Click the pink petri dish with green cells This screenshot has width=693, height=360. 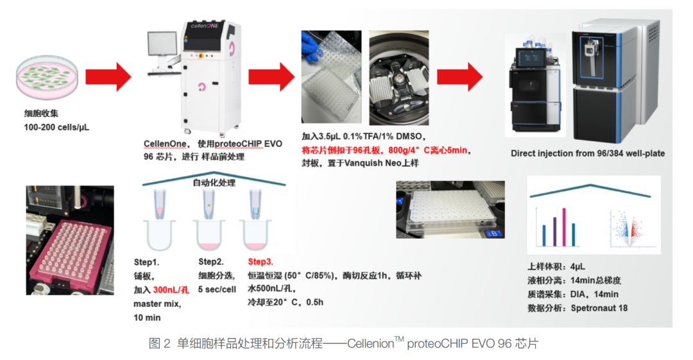(x=47, y=78)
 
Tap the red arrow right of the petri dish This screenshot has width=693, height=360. (x=108, y=77)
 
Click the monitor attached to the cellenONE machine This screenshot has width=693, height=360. (x=162, y=48)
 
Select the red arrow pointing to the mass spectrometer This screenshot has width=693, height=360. (x=459, y=77)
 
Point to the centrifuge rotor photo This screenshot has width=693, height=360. (x=398, y=78)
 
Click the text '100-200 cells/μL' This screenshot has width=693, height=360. (x=56, y=127)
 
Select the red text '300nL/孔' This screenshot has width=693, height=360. (x=171, y=289)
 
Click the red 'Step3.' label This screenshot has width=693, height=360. (x=261, y=262)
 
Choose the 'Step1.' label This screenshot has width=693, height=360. (x=146, y=262)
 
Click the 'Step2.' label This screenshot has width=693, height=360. (x=211, y=262)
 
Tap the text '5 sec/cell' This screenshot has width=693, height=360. (x=217, y=289)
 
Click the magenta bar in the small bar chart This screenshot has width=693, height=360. (x=564, y=227)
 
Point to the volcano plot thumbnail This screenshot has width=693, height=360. (x=628, y=228)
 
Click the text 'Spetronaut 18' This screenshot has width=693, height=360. (x=599, y=308)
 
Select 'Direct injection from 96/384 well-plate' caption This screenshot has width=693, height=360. (x=588, y=153)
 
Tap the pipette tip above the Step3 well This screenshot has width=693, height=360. (x=255, y=204)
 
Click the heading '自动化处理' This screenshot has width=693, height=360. (x=214, y=183)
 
